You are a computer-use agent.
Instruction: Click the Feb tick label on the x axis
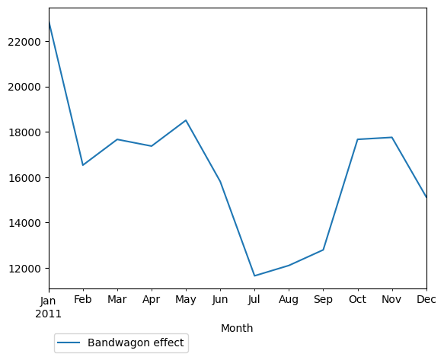pos(83,301)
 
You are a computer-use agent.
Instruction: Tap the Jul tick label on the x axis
pos(254,301)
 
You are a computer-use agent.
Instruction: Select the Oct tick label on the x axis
pos(357,301)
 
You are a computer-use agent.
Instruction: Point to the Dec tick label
pos(426,301)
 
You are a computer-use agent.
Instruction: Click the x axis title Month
pos(237,329)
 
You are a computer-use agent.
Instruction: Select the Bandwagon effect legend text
pos(136,343)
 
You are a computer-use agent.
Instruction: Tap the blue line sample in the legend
pos(69,343)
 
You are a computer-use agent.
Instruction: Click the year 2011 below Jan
pos(50,313)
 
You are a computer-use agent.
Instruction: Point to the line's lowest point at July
pos(254,276)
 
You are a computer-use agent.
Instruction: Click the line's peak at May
pos(186,120)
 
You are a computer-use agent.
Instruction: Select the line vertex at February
pos(83,165)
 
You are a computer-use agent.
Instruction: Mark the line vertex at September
pos(323,250)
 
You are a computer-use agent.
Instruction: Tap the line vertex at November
pos(391,138)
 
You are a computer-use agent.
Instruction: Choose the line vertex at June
pos(220,181)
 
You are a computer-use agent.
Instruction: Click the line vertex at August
pos(289,266)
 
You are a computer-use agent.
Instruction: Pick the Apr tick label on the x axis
pos(152,301)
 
